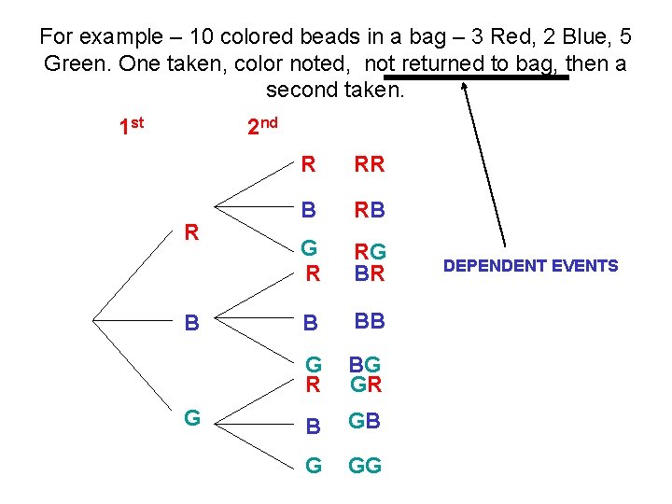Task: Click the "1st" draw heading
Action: coord(132,125)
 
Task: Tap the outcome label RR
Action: coord(369,165)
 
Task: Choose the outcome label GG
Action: coord(366,464)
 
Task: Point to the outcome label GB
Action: coord(365,421)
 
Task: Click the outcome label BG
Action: coord(365,364)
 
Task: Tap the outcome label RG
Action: coord(371,250)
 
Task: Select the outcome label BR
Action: coord(370,274)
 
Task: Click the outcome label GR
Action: coord(366,384)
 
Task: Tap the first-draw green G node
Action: coord(192,417)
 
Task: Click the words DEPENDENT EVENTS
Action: coord(530,266)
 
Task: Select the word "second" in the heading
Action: coord(301,91)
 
